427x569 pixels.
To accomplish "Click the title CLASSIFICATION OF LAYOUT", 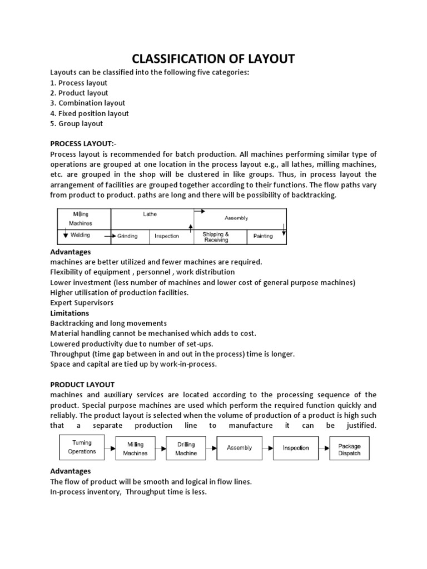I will (213, 58).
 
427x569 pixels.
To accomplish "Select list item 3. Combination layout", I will (87, 103).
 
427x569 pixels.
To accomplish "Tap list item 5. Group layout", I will (76, 123).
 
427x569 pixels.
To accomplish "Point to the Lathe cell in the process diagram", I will (150, 214).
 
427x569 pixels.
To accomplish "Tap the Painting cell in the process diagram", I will (263, 236).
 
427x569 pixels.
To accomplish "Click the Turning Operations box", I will (82, 447).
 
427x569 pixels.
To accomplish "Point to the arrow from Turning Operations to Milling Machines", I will (109, 447).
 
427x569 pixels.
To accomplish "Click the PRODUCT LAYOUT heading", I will (82, 385).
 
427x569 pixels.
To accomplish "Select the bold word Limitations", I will (69, 313).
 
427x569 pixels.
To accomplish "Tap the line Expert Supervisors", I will (82, 303).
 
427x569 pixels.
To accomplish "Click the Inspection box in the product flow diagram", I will (296, 448).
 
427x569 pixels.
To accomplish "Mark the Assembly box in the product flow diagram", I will (240, 447).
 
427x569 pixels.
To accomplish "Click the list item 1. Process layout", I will (78, 83).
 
